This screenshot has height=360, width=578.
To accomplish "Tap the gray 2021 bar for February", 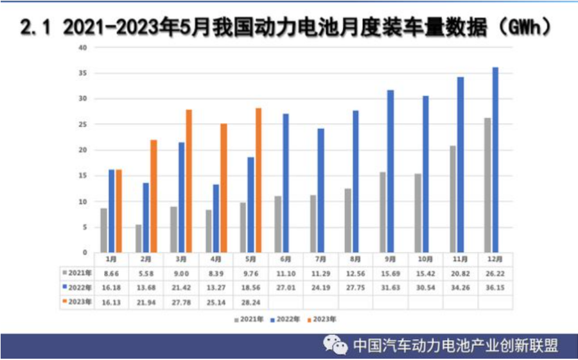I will click(x=139, y=238).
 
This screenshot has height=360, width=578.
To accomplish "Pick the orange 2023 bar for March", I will click(x=189, y=180).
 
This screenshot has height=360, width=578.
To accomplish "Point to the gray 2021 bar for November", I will click(x=453, y=198).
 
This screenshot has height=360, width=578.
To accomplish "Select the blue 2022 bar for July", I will click(x=321, y=190).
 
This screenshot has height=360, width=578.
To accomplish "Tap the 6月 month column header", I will click(x=286, y=260).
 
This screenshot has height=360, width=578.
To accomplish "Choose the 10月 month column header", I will click(x=425, y=260).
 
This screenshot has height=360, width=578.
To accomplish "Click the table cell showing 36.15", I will click(x=495, y=287).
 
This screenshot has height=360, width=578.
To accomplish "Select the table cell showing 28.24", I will click(x=251, y=301).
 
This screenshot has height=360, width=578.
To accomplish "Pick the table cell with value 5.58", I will click(x=146, y=273).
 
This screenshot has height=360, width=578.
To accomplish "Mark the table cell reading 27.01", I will click(x=286, y=287).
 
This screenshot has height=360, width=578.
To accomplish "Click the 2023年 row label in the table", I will click(x=78, y=301).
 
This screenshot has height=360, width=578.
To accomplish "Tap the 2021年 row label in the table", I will click(x=78, y=273).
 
